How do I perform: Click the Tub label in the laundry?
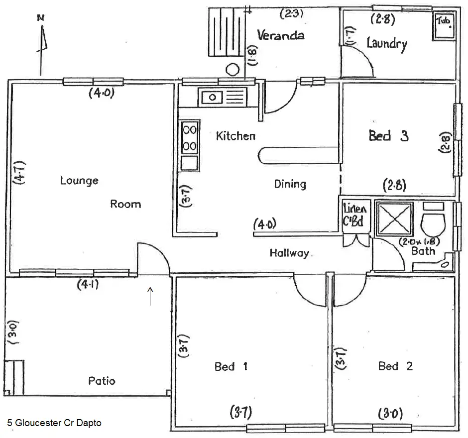444,21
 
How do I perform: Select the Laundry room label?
386,43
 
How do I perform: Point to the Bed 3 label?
388,135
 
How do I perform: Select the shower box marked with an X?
393,219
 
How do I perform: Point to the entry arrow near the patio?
150,296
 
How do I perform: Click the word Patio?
102,381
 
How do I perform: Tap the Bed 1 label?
231,367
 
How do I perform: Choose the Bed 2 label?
395,367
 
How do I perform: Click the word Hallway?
289,253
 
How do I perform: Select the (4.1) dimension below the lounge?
88,285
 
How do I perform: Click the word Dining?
290,184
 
